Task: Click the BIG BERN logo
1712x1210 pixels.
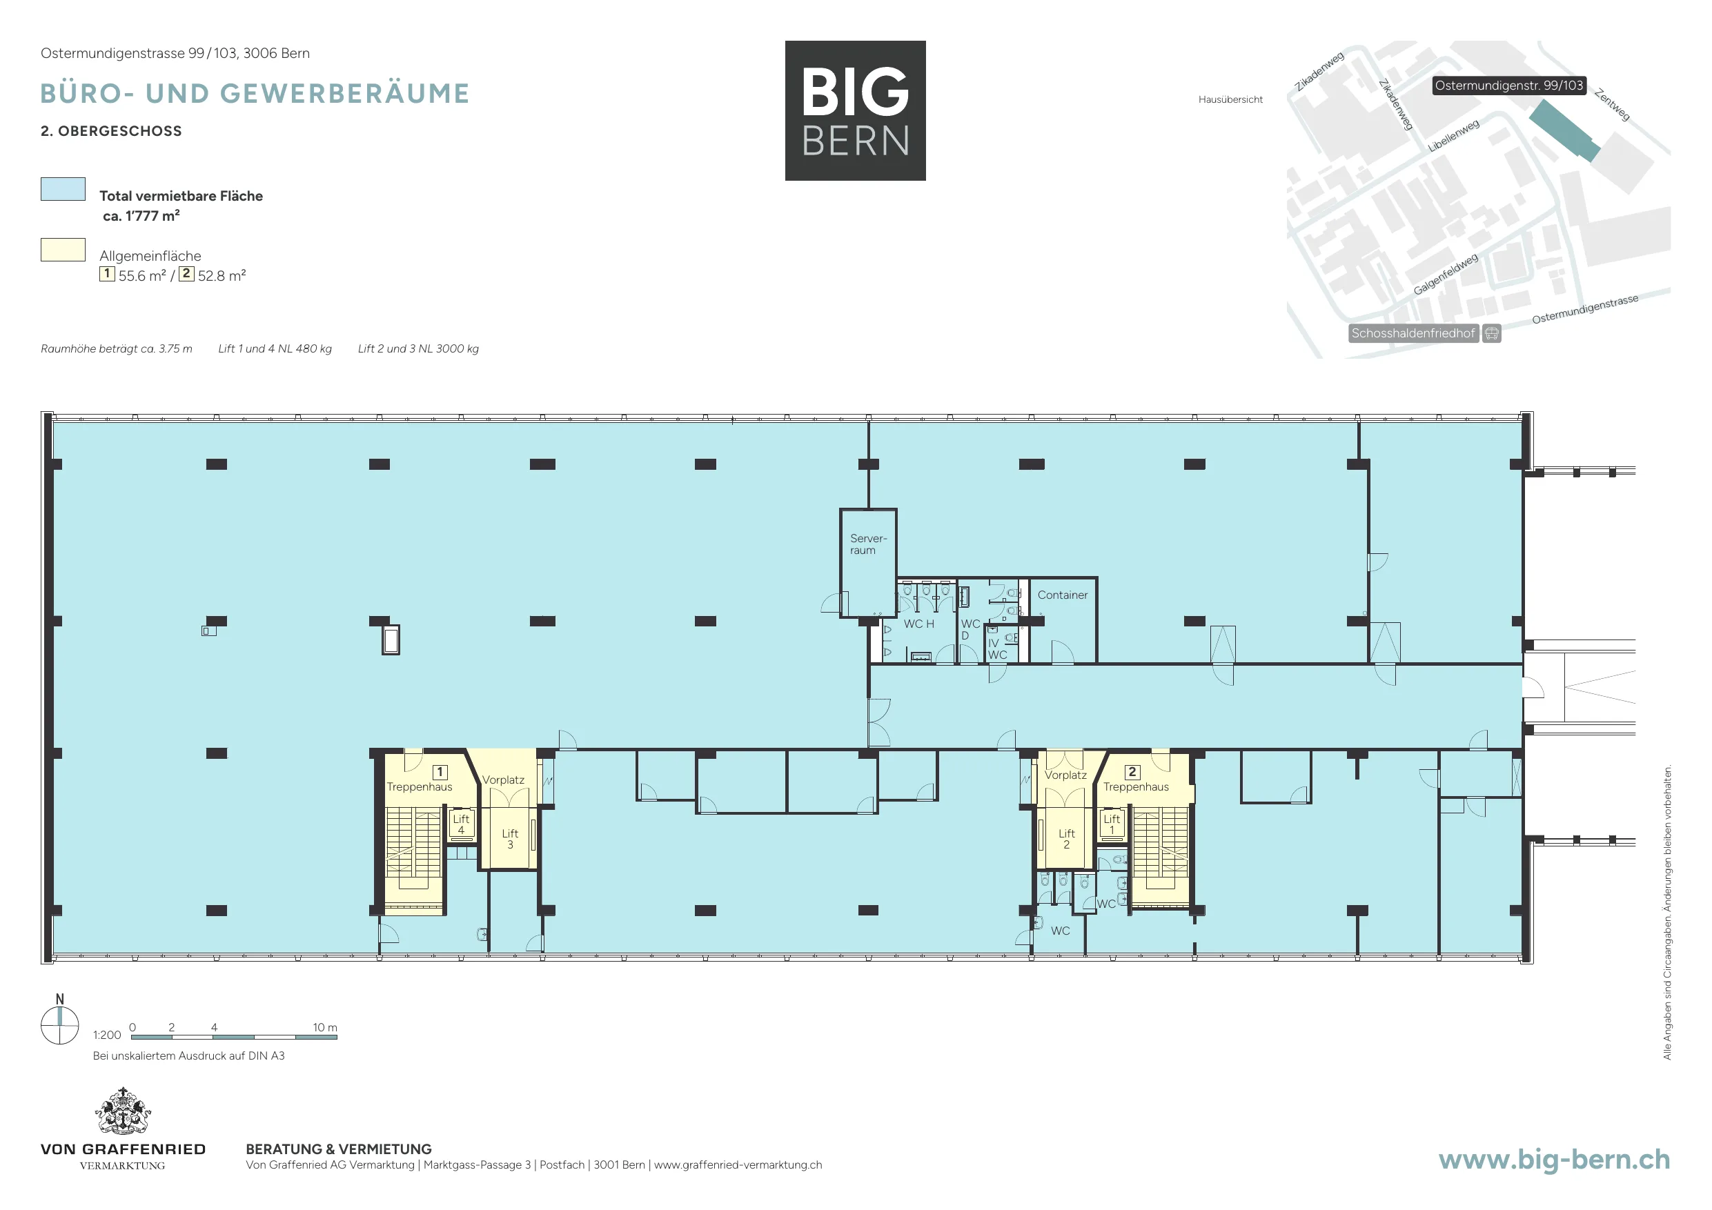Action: [x=855, y=110]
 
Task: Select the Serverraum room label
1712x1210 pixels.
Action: [x=868, y=544]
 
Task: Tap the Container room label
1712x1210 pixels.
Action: [x=1063, y=595]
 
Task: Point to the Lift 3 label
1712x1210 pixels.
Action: [x=510, y=839]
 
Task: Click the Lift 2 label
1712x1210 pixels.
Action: [x=1066, y=839]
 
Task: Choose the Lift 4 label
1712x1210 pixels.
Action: [x=461, y=824]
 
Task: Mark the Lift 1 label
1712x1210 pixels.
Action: [x=1112, y=824]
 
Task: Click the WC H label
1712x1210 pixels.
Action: [x=918, y=624]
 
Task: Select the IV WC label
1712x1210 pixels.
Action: [x=997, y=648]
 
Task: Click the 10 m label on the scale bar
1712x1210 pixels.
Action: [x=325, y=1027]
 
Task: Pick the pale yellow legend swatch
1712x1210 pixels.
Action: [x=63, y=250]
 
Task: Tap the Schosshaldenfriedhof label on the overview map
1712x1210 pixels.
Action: [x=1413, y=333]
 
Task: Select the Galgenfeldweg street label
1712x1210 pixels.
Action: [x=1445, y=275]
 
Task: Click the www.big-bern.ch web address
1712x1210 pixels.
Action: [x=1554, y=1160]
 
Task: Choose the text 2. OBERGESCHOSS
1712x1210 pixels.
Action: [x=111, y=131]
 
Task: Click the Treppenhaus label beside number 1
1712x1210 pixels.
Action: [x=419, y=786]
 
